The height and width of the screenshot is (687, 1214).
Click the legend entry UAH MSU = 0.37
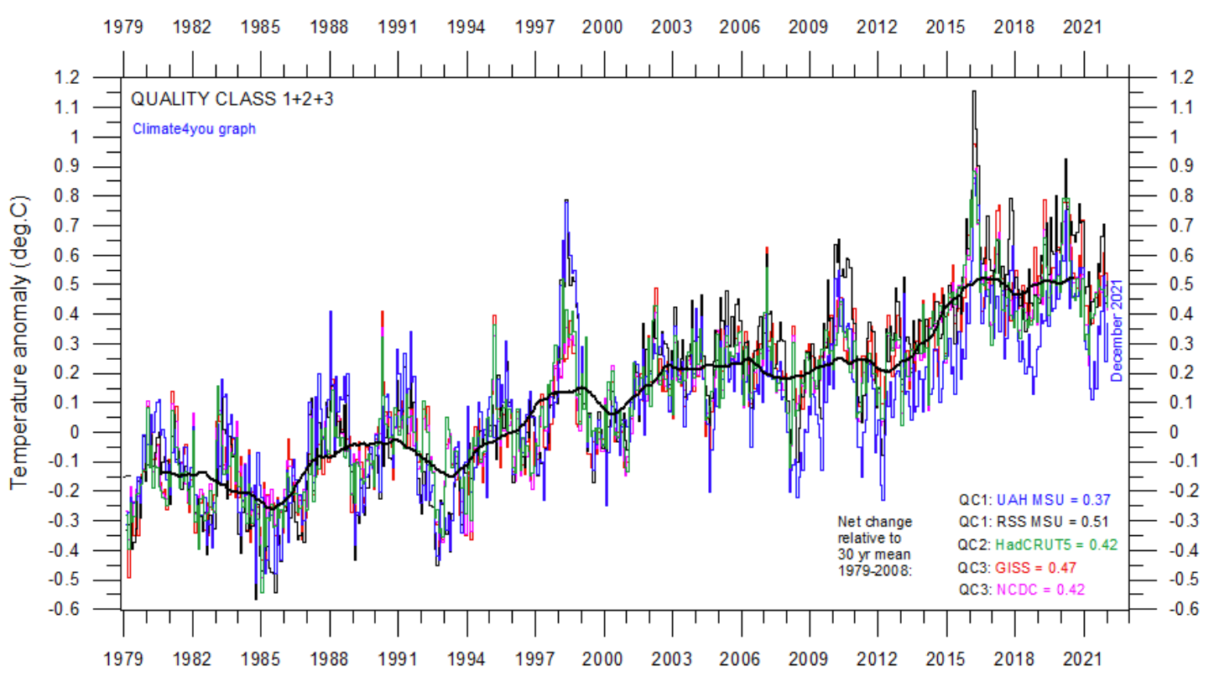[x=1040, y=501]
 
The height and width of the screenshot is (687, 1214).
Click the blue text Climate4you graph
[x=193, y=129]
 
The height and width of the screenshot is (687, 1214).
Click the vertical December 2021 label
[x=1118, y=330]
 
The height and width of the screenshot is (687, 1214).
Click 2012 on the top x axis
[x=877, y=27]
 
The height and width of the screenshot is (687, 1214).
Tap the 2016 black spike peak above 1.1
[x=973, y=91]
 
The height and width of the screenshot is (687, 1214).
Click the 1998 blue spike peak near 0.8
[x=566, y=200]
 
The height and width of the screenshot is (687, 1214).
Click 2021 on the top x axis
[x=1082, y=27]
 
